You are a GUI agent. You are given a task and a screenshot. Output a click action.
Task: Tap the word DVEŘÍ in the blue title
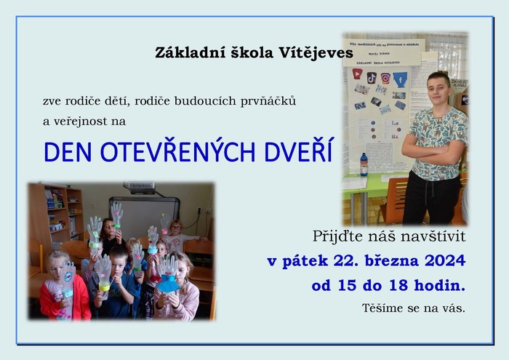[x=298, y=151]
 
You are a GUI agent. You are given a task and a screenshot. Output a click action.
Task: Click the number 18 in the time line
[x=398, y=285]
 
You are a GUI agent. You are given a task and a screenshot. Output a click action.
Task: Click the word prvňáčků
[x=268, y=101]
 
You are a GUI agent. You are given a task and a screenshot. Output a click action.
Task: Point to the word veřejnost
[x=80, y=121]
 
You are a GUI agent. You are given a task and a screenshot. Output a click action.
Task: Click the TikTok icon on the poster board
[x=372, y=78]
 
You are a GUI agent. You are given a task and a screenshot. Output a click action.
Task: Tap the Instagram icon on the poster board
[x=385, y=79]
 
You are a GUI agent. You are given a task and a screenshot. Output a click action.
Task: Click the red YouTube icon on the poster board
[x=357, y=74]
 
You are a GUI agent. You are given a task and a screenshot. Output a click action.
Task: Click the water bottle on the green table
[x=364, y=164]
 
